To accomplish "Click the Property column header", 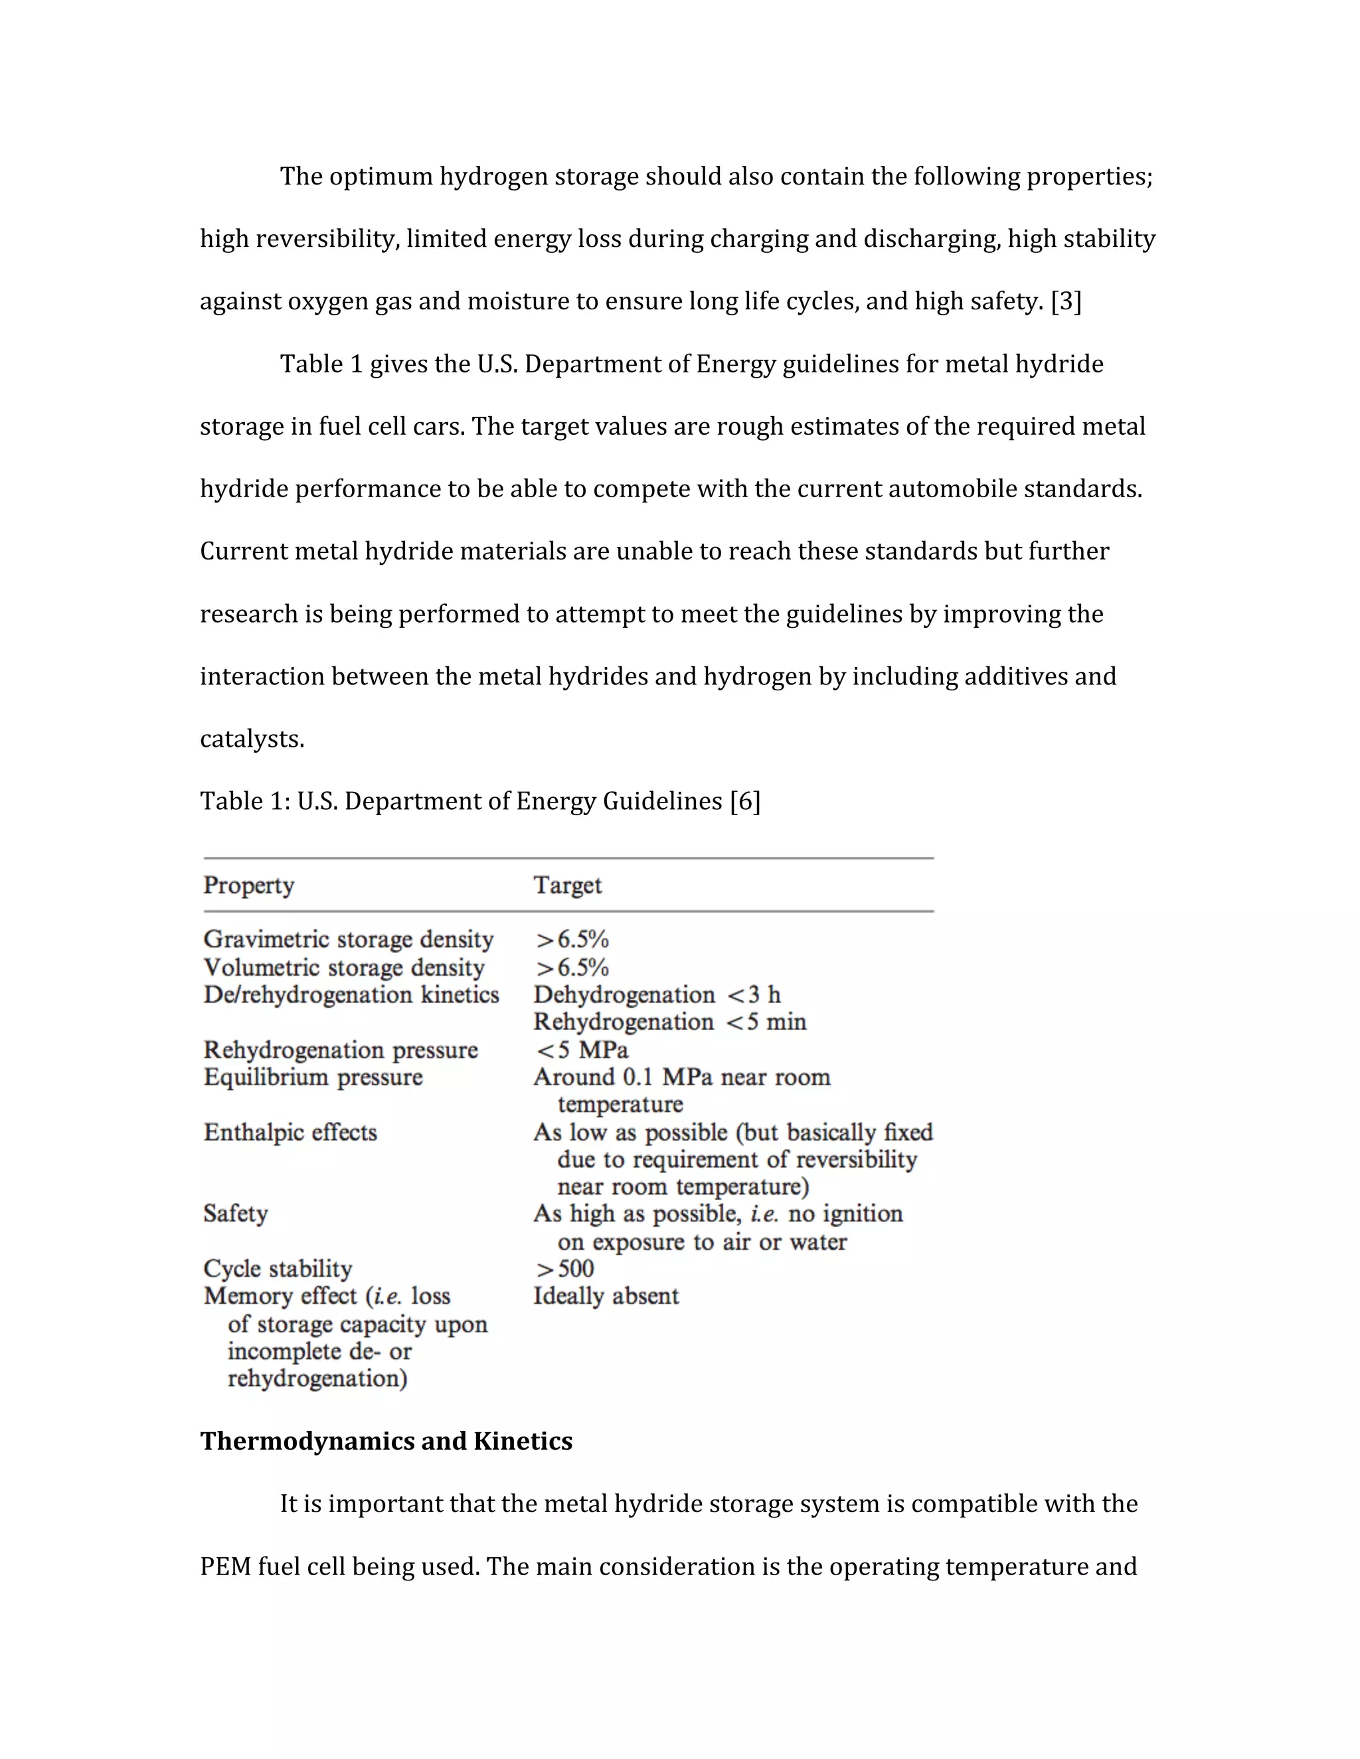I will tap(248, 885).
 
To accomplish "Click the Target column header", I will tap(567, 885).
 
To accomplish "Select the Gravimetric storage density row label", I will tap(348, 939).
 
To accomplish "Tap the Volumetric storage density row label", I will tap(344, 967).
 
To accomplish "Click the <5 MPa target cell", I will tap(581, 1050).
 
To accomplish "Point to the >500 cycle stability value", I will tap(564, 1268).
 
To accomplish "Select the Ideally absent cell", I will tap(606, 1296).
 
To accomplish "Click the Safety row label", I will tap(235, 1214).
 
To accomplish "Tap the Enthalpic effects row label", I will tap(290, 1132).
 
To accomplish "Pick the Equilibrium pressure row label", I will tap(313, 1077).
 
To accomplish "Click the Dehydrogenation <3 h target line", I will tap(657, 995).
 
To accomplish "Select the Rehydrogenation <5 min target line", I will tap(669, 1022).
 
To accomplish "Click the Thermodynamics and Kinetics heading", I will tap(386, 1441).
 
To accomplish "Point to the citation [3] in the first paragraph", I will tap(1066, 301).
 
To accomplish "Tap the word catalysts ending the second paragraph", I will tap(252, 739).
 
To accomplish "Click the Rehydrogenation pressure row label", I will tap(340, 1050).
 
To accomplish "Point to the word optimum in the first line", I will tap(381, 177).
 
